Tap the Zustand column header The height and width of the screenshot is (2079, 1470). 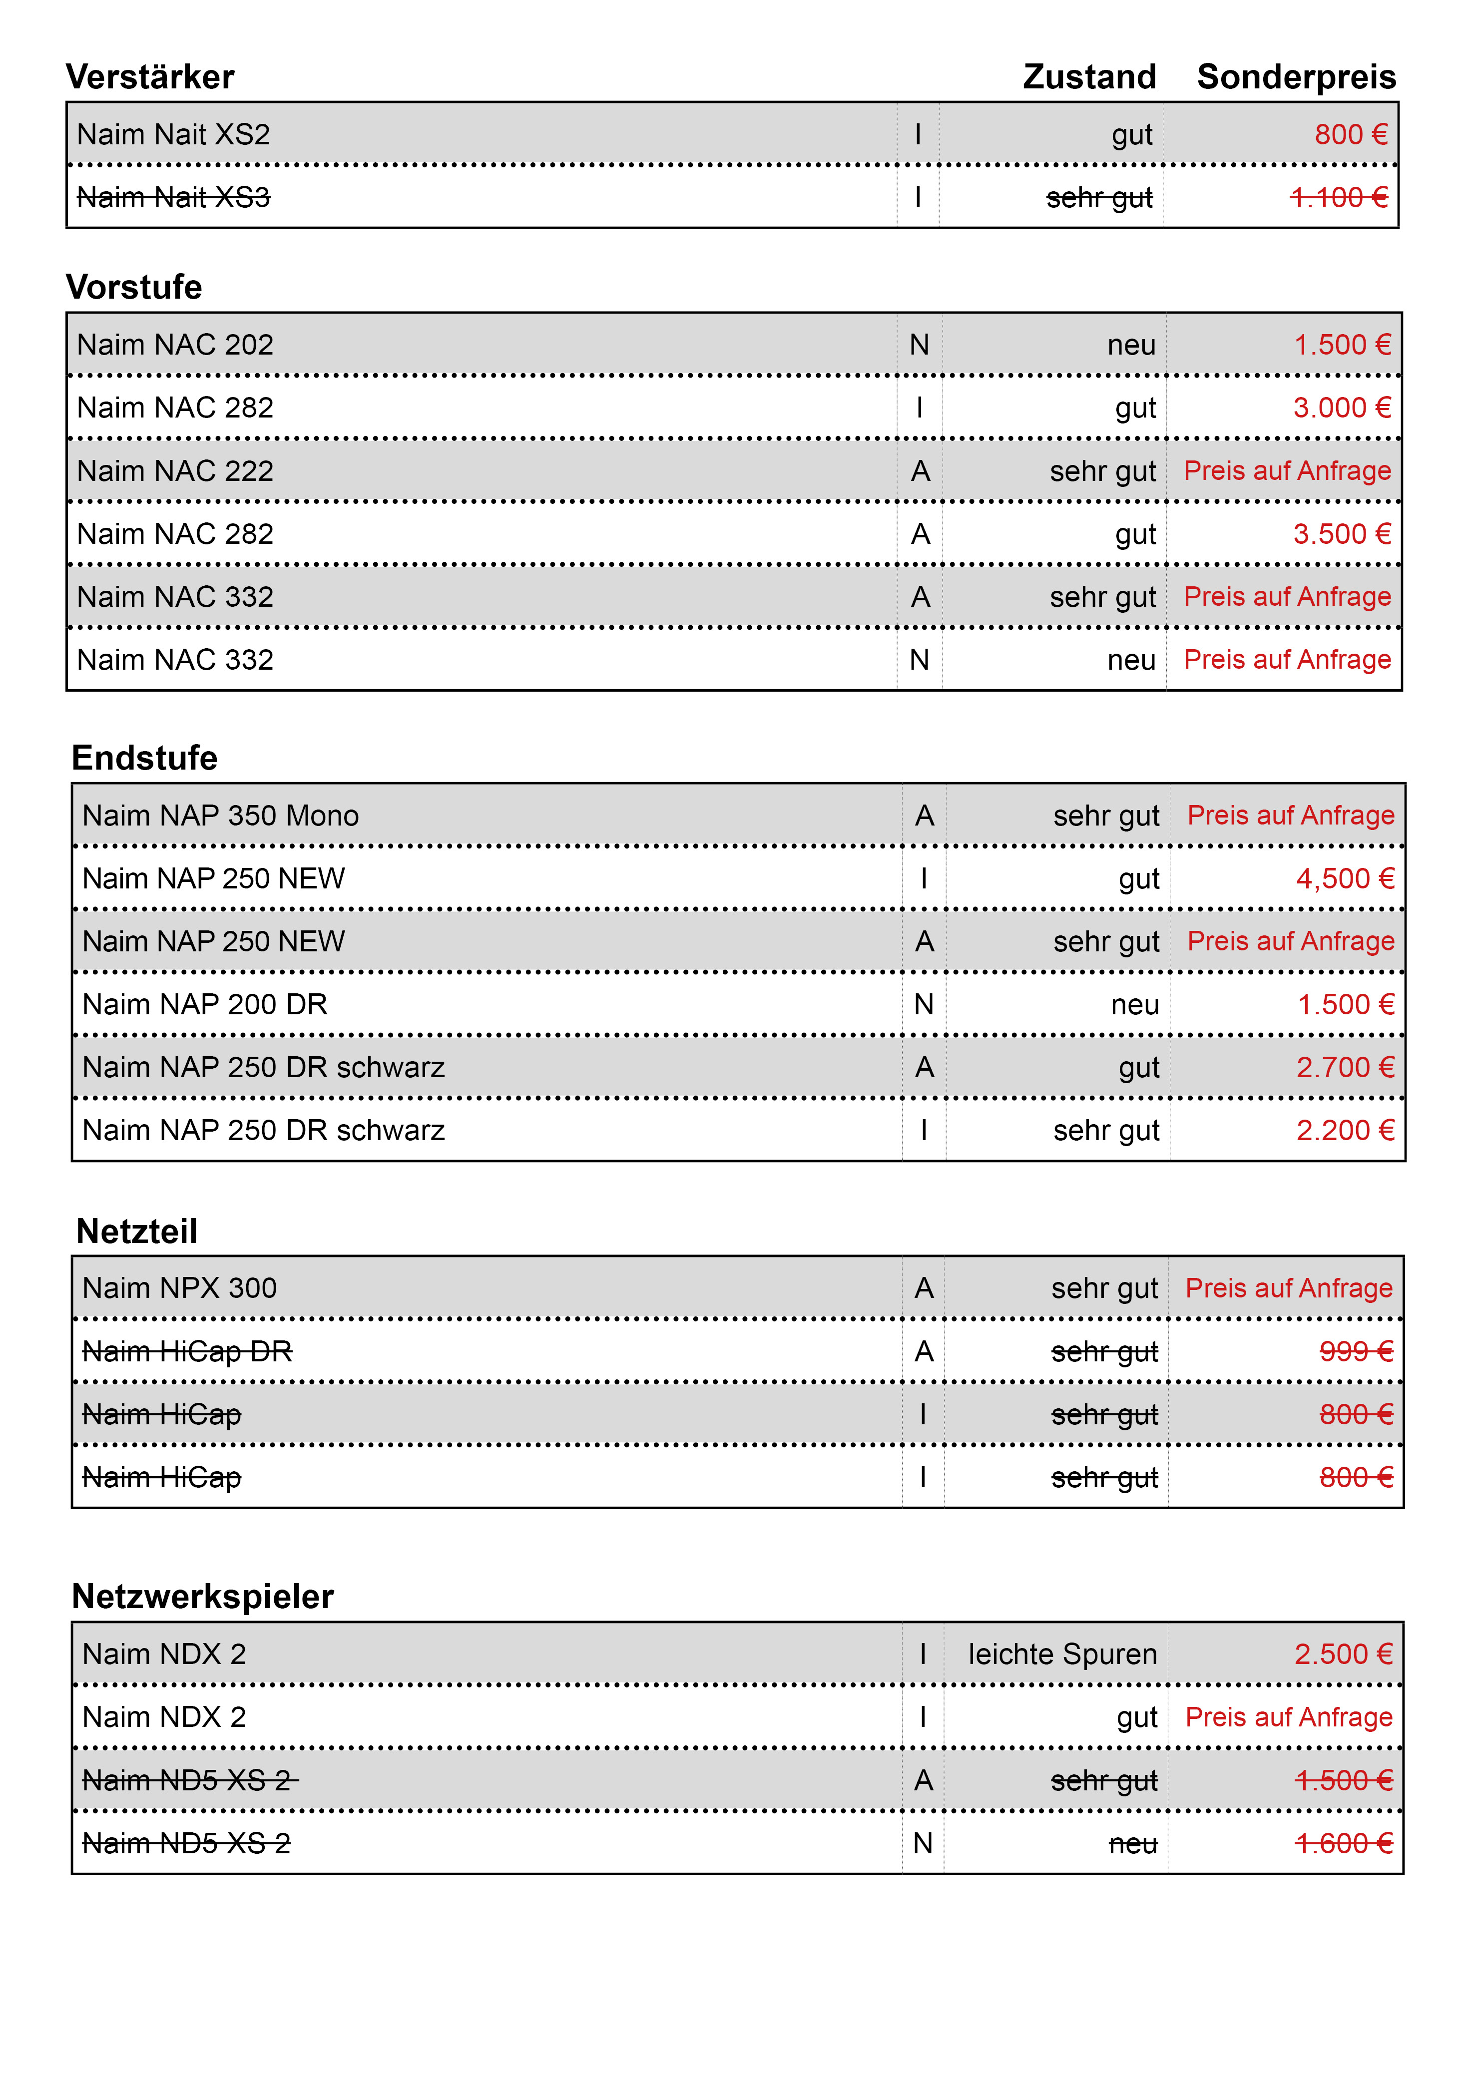pyautogui.click(x=1089, y=77)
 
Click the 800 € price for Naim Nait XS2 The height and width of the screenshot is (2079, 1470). pyautogui.click(x=1350, y=135)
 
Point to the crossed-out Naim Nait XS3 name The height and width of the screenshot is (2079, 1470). pyautogui.click(x=173, y=197)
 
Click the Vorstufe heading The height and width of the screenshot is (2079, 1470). pyautogui.click(x=134, y=287)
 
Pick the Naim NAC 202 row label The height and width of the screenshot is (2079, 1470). pyautogui.click(x=175, y=345)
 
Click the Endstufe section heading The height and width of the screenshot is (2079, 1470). pyautogui.click(x=145, y=758)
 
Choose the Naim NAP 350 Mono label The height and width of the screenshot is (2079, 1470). pyautogui.click(x=220, y=816)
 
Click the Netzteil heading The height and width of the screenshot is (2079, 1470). pyautogui.click(x=137, y=1232)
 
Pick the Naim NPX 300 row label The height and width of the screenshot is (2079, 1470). pyautogui.click(x=179, y=1288)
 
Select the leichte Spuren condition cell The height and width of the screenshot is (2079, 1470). pyautogui.click(x=1061, y=1655)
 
